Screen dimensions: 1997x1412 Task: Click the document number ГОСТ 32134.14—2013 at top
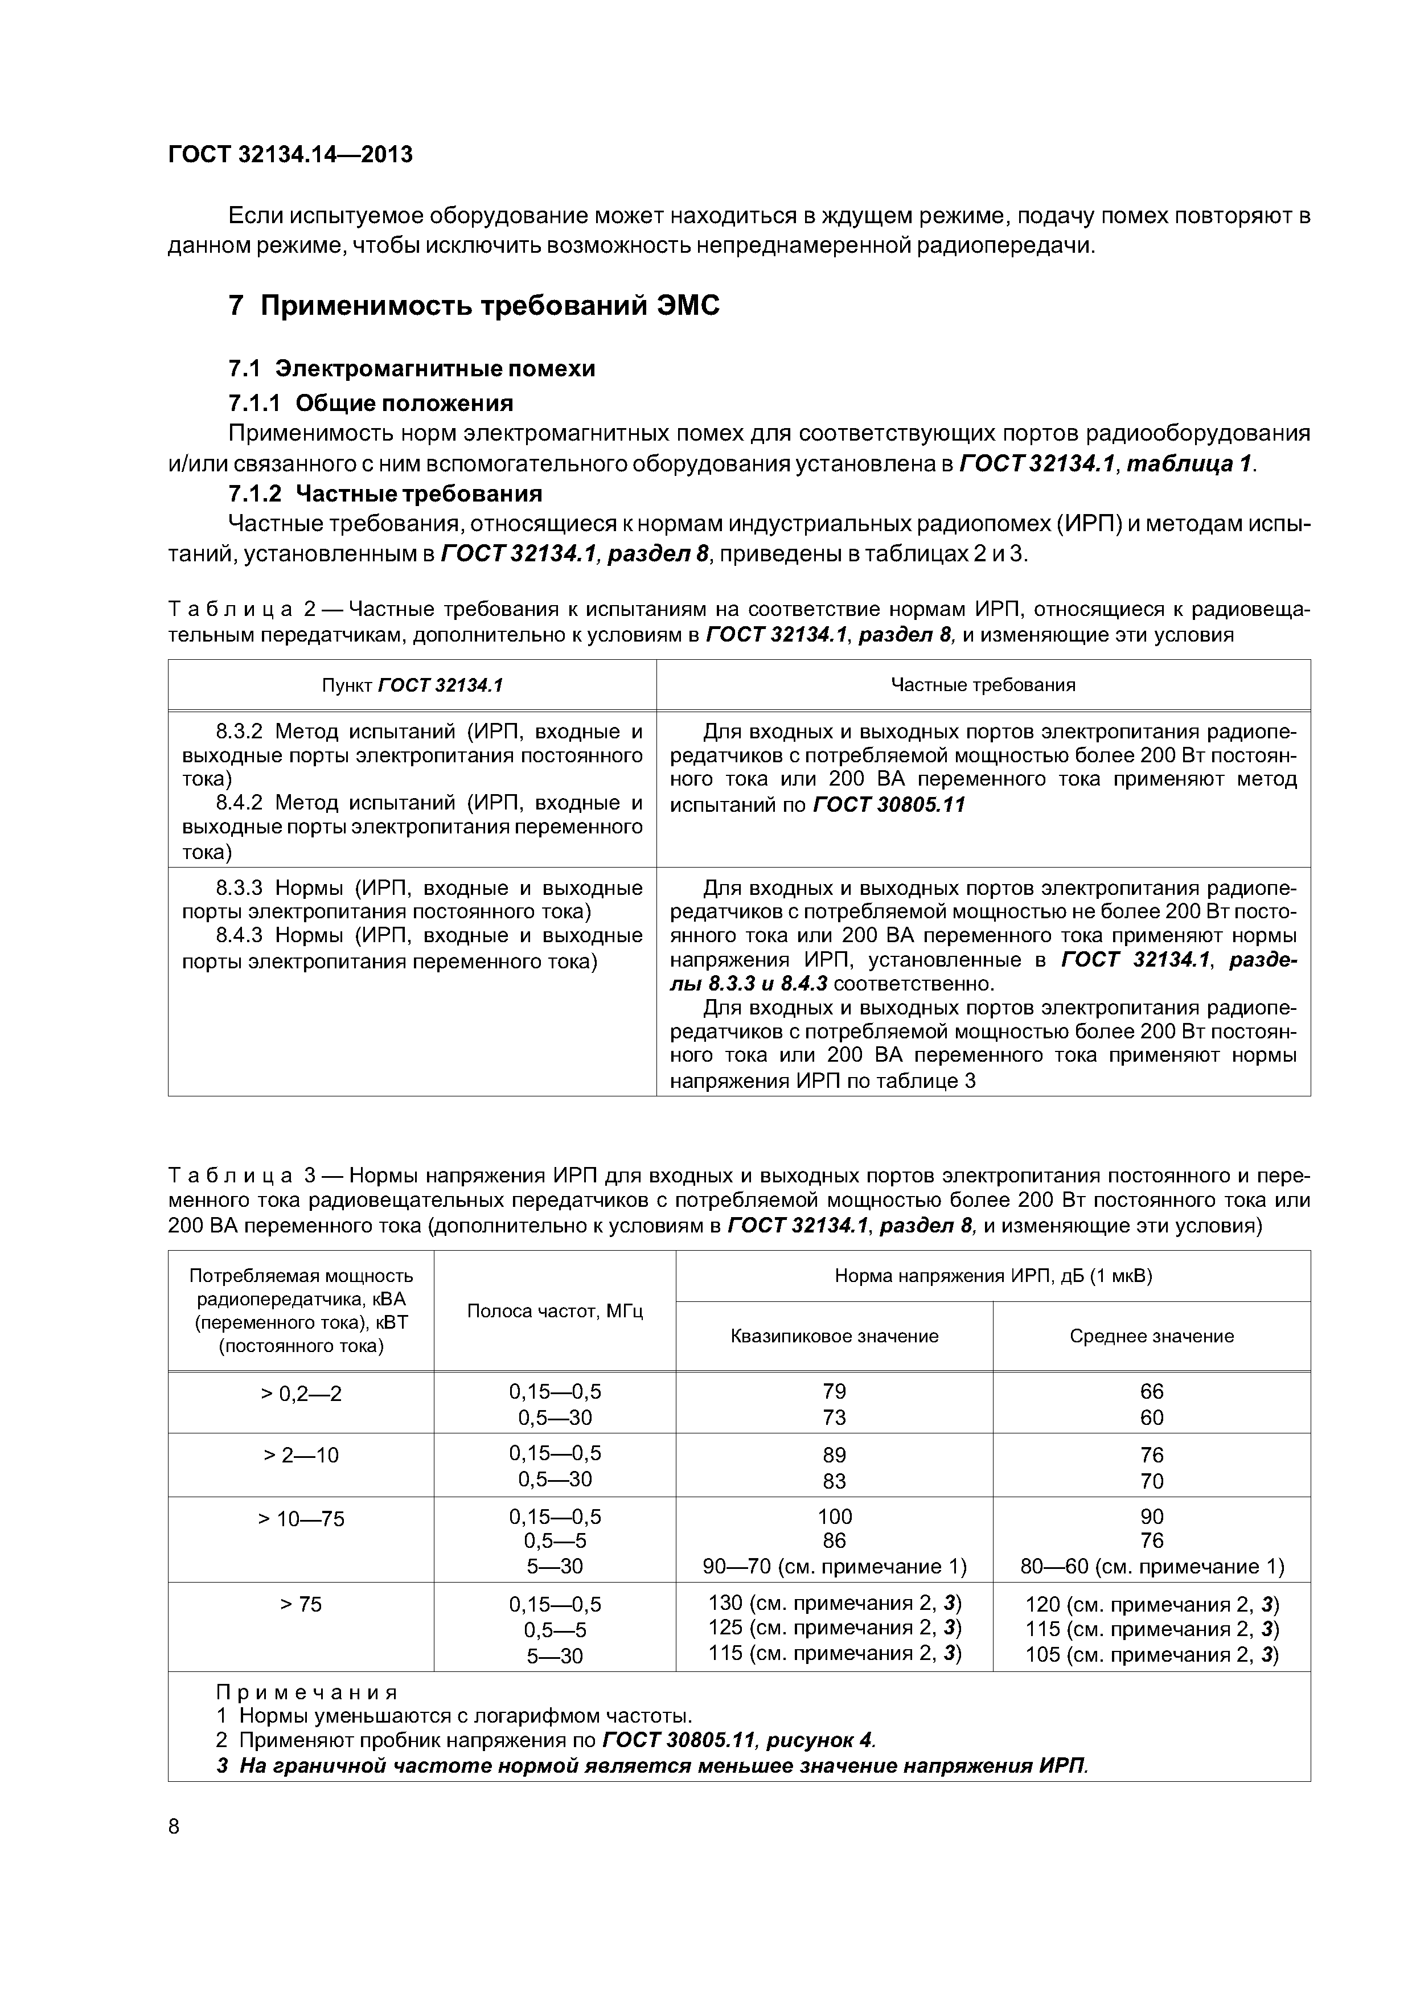(x=290, y=155)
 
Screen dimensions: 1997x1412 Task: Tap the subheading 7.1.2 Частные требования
(x=384, y=494)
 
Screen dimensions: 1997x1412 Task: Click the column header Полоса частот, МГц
(x=555, y=1311)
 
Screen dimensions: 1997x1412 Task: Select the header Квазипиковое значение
(x=834, y=1336)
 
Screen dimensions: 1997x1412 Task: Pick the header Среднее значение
(x=1151, y=1336)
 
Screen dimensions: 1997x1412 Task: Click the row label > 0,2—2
(x=301, y=1394)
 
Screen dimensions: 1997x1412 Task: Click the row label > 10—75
(x=301, y=1519)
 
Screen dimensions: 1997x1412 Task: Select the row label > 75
(x=301, y=1604)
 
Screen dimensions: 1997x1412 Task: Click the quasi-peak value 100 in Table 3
(x=834, y=1517)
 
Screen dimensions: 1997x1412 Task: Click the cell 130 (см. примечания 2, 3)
(x=834, y=1603)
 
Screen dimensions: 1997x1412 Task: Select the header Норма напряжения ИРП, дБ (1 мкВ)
(x=992, y=1276)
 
